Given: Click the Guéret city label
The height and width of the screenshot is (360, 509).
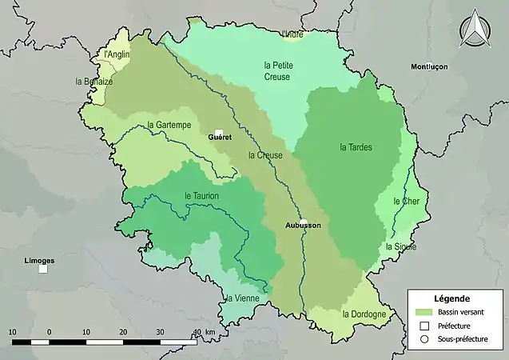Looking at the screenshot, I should (220, 137).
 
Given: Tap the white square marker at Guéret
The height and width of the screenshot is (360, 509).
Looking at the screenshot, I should (218, 131).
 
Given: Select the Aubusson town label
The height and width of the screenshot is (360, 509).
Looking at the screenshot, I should (303, 226).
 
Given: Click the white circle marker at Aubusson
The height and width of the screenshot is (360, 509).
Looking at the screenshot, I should (304, 222).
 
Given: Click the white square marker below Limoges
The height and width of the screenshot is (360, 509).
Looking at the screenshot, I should (43, 269).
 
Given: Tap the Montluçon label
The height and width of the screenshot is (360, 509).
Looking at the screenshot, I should (429, 66).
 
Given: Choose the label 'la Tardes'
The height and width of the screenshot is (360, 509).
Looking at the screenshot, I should (356, 147).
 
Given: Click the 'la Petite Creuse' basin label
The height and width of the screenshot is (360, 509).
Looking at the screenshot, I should (277, 70).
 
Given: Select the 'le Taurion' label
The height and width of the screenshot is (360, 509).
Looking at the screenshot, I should (201, 195).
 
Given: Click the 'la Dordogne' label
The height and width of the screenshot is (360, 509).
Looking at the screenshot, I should (364, 314).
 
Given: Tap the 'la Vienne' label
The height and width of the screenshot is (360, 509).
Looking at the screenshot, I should (241, 298).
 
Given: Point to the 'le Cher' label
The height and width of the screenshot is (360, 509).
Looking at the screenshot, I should (407, 202).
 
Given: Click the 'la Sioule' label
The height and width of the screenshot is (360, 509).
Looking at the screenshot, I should (401, 246).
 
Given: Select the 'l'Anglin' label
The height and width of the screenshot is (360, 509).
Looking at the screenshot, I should (117, 54).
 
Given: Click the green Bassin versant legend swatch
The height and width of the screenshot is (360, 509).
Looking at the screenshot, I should (424, 312).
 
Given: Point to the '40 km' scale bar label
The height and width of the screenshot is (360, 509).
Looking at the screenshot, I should (205, 331).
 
